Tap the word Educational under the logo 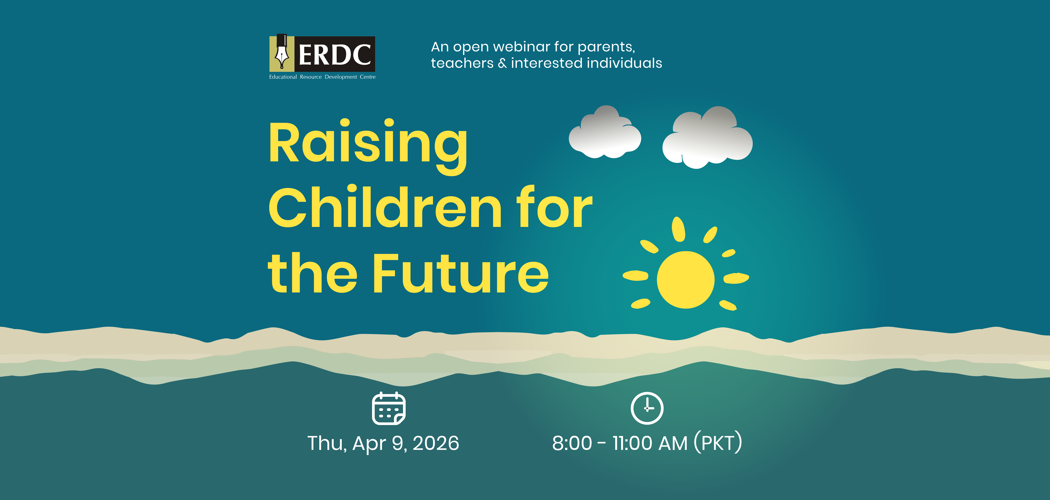click(x=283, y=77)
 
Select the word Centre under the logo click(x=368, y=77)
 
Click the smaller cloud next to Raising click(x=605, y=132)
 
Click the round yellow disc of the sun click(x=686, y=280)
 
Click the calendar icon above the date click(x=389, y=408)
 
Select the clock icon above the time click(x=647, y=408)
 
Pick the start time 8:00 click(x=572, y=443)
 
